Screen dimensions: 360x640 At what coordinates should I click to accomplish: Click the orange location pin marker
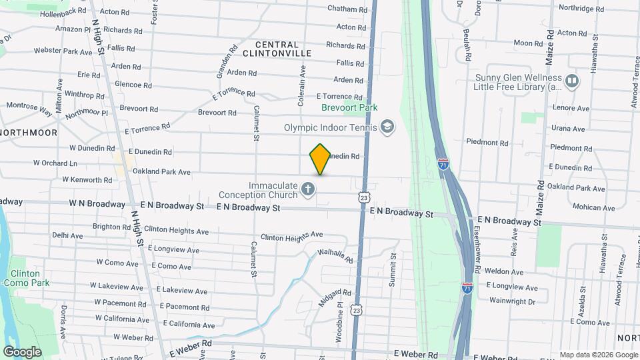click(321, 159)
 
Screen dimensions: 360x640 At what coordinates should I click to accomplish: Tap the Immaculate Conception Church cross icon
click(308, 190)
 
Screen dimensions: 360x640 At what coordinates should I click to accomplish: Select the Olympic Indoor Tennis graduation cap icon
click(387, 127)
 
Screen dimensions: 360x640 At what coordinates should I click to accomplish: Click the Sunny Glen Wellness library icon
click(571, 81)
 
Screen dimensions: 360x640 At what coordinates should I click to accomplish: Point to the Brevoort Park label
click(349, 107)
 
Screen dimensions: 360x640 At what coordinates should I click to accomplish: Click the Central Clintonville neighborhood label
click(273, 48)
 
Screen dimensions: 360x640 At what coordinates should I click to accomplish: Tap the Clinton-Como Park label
click(25, 278)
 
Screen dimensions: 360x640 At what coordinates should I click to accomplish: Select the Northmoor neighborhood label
click(23, 133)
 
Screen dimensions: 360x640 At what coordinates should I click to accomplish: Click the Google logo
click(22, 351)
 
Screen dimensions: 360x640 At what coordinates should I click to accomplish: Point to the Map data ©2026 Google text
click(599, 355)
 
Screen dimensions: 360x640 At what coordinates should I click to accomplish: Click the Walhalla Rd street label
click(335, 255)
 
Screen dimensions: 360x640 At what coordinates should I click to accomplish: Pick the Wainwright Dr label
click(512, 301)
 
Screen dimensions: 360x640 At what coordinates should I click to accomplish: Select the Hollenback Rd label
click(63, 12)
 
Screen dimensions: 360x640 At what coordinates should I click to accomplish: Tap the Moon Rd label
click(529, 43)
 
